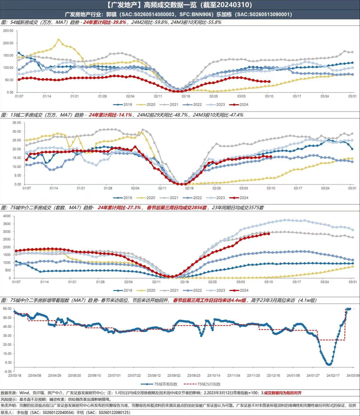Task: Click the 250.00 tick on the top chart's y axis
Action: click(x=8, y=31)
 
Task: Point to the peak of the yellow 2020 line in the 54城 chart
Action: click(x=59, y=40)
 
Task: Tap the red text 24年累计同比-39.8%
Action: click(x=105, y=22)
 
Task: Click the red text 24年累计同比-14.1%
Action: click(x=110, y=115)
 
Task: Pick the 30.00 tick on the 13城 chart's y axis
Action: click(x=16, y=132)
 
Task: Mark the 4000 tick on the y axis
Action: click(x=7, y=216)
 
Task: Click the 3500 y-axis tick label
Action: click(x=7, y=224)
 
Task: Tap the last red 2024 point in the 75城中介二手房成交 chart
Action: click(x=269, y=233)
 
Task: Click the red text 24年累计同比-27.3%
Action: click(x=119, y=208)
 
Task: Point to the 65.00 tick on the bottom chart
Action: click(x=7, y=309)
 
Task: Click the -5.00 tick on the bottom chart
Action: click(x=7, y=372)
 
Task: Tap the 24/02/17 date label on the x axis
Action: click(x=333, y=376)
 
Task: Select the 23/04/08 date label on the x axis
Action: click(x=35, y=376)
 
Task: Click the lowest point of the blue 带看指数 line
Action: click(x=329, y=364)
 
